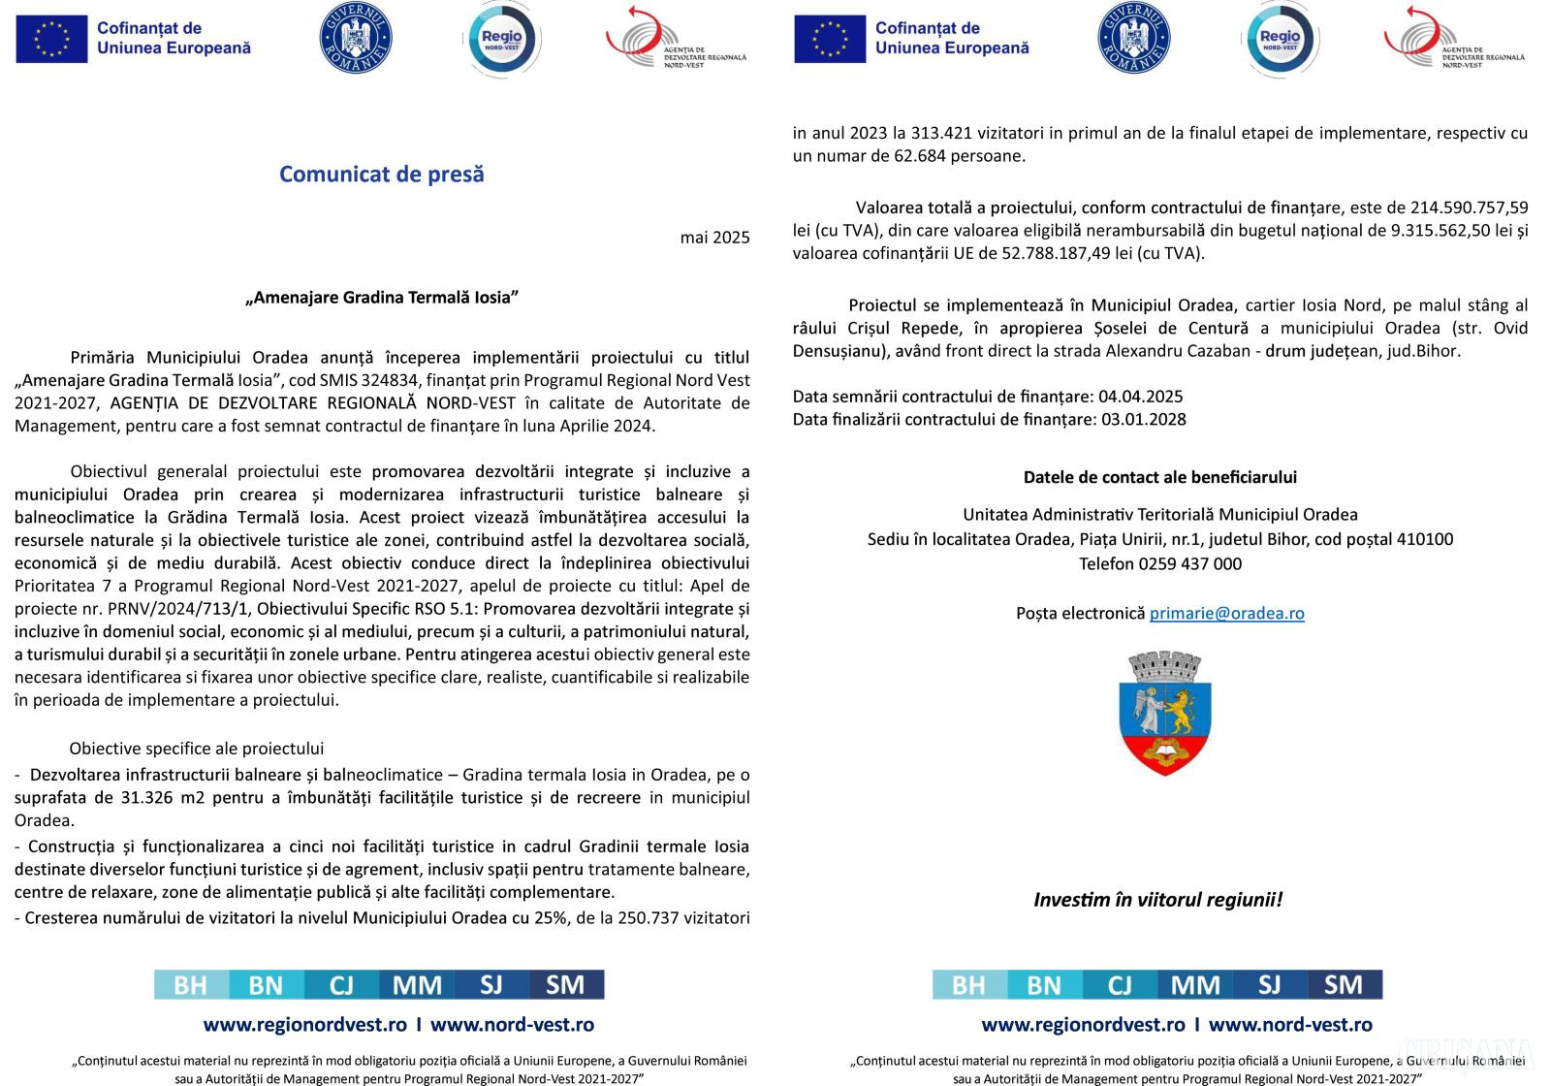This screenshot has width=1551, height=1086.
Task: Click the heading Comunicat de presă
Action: point(381,175)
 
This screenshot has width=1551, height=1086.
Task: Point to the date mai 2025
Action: point(714,238)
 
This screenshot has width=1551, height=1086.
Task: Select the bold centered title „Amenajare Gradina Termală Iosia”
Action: point(382,298)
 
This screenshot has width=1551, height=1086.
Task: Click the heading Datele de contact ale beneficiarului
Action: point(1159,477)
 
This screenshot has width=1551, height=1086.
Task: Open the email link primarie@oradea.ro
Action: point(1226,614)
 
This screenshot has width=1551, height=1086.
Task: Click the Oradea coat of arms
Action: point(1164,713)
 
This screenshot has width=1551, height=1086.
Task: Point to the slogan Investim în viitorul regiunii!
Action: point(1157,900)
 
